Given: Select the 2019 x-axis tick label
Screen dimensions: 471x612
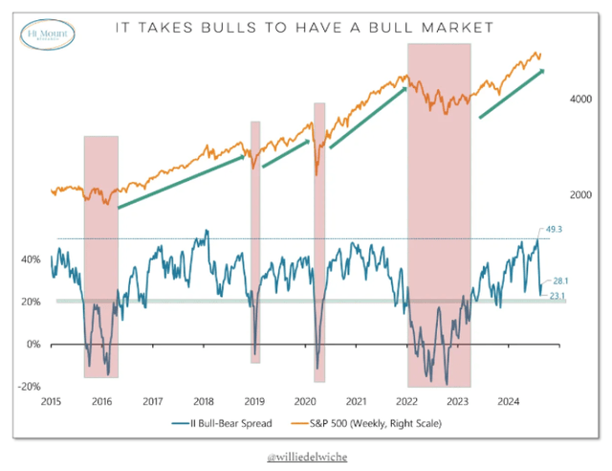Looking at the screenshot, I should (254, 402).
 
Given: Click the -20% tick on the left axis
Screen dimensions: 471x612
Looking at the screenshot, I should (28, 386).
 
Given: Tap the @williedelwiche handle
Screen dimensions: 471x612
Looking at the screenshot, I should (306, 459).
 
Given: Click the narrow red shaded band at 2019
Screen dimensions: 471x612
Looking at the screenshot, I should (255, 239).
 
